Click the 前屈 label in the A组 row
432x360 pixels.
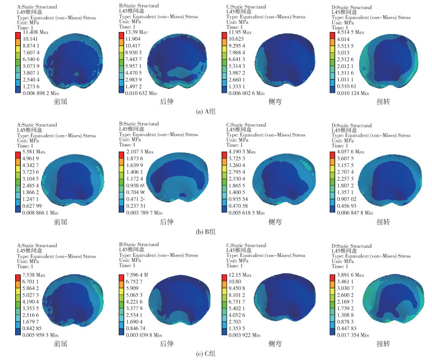61,101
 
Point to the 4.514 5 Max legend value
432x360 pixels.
354,32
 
